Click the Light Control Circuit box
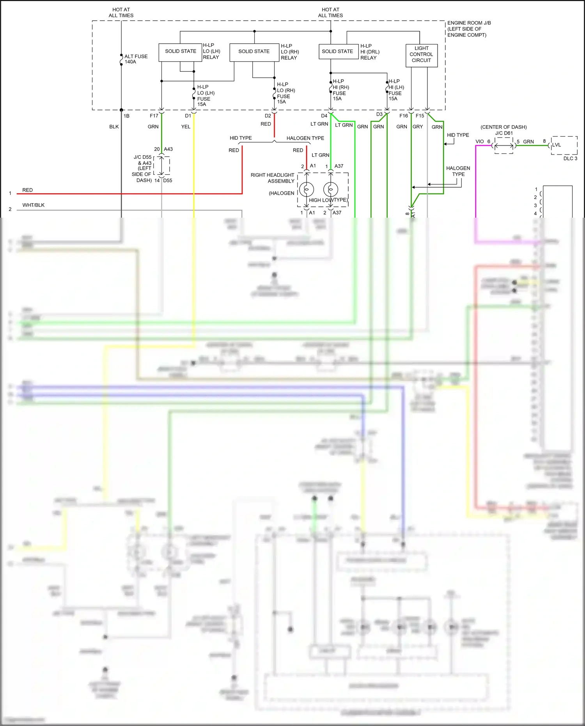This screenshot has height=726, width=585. point(421,55)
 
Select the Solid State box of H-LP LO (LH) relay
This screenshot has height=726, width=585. point(180,51)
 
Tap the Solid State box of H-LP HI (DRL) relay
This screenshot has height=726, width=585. point(337,51)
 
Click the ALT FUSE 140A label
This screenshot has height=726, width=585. point(136,59)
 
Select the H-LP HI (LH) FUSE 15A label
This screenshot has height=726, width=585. point(396,90)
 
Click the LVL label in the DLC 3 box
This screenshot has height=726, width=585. point(557,145)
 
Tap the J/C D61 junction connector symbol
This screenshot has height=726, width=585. point(504,146)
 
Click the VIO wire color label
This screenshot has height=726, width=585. point(480,142)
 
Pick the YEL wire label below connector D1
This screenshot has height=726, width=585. point(186,127)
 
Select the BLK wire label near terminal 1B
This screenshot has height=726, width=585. point(114,127)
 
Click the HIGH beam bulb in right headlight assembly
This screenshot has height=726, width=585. point(307,190)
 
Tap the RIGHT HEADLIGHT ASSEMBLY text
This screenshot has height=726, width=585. point(273,178)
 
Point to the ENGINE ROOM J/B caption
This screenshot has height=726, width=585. point(469,29)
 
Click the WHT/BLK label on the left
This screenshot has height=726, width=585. point(34,205)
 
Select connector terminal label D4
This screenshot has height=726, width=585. point(324,116)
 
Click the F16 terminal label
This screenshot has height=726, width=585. point(404,116)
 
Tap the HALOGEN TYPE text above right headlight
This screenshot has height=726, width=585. point(305,138)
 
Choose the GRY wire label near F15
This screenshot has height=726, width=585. point(417,127)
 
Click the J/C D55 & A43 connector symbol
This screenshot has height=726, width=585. point(162,165)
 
